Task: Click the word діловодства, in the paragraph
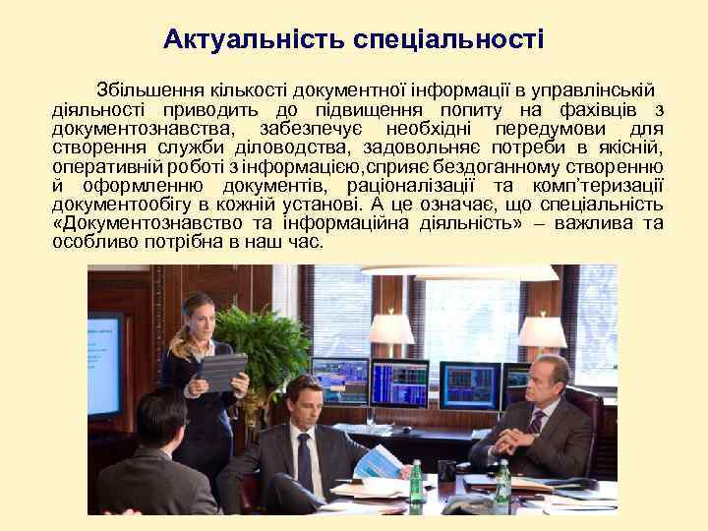[282, 147]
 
